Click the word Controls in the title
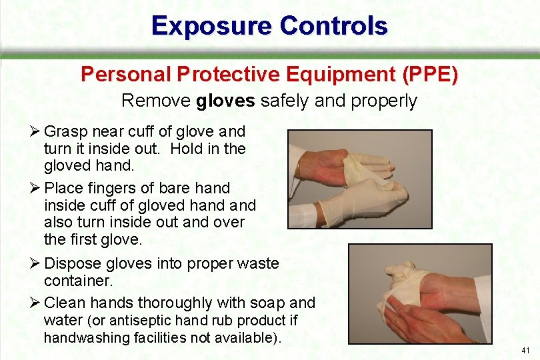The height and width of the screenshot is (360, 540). click(334, 26)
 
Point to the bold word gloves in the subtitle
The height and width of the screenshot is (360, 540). click(226, 101)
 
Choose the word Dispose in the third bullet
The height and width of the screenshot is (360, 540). click(72, 263)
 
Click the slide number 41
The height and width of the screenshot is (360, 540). click(526, 350)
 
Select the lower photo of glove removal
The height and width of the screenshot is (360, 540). click(420, 293)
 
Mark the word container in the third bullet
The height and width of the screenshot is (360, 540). click(75, 281)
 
